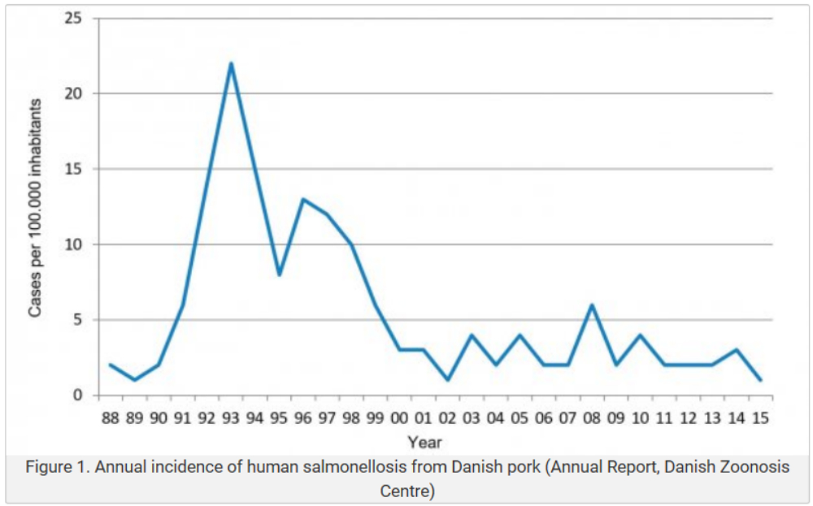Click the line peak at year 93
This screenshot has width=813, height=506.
231,63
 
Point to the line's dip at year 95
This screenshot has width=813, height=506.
279,275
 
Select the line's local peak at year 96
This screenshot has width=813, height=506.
302,199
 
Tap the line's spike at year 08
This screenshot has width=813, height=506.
592,305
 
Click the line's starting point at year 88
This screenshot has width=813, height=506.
110,365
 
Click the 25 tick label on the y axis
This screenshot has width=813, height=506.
74,18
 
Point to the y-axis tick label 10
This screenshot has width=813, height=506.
74,244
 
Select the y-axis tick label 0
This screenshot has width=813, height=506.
78,396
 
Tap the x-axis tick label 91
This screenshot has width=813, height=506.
182,418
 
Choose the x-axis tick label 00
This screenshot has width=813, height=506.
399,418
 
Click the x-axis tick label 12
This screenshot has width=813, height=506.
688,418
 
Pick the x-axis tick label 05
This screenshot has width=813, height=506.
520,418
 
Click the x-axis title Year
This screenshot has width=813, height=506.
424,442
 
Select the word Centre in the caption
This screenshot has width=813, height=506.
406,491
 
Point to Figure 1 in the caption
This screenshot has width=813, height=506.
57,469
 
